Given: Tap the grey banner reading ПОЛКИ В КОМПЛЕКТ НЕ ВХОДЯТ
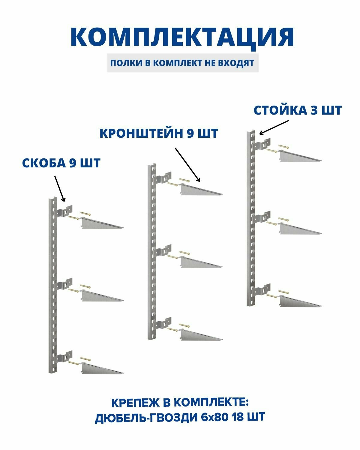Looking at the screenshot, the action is pos(182,63).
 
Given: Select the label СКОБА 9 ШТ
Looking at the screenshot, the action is pos(61,163).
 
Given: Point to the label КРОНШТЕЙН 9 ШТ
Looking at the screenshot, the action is pos(159,133).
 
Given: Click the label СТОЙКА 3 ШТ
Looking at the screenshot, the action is pos(298,110).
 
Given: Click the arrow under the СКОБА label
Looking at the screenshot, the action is pos(59,188).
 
